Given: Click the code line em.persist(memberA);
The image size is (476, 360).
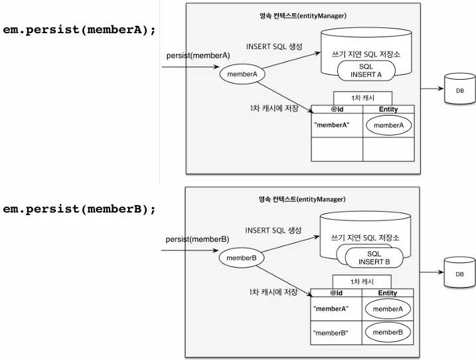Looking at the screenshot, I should [x=79, y=29].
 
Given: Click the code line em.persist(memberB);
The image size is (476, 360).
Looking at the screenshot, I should [x=79, y=209].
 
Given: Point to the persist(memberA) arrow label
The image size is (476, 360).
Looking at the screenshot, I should [x=198, y=55].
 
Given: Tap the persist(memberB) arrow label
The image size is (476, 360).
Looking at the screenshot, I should [x=197, y=239].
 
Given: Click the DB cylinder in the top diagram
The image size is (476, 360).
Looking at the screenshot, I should [x=457, y=92].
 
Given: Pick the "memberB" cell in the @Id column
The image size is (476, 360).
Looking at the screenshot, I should [x=331, y=331].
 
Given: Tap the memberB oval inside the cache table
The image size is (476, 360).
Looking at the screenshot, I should [x=388, y=331].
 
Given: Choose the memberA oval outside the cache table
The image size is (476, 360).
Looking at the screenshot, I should [x=242, y=74].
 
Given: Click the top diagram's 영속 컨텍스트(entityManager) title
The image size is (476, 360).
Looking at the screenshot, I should [x=303, y=15].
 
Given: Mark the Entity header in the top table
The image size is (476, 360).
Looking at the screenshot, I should [x=388, y=110].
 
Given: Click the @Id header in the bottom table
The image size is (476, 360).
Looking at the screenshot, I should [x=337, y=293].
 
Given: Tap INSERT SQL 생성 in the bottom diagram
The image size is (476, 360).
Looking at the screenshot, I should [x=273, y=230].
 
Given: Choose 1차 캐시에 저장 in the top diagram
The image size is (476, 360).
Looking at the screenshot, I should [x=272, y=108].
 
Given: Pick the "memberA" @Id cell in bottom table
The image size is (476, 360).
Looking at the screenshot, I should [x=331, y=309].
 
